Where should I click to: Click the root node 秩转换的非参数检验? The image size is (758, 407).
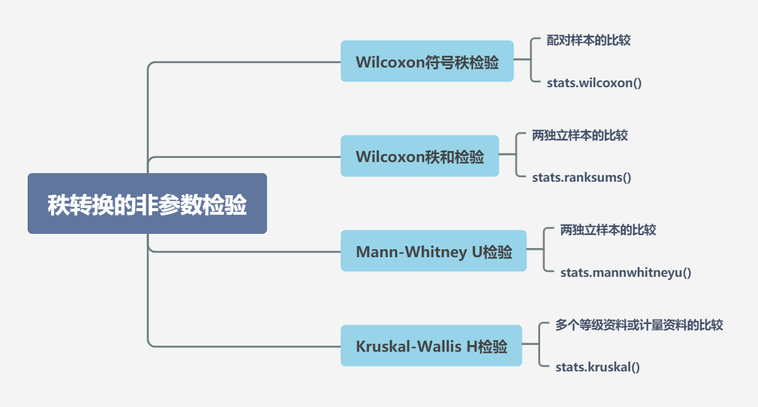click(x=147, y=204)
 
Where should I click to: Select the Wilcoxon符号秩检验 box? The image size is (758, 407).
click(x=427, y=61)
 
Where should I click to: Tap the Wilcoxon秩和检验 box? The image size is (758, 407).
click(x=420, y=157)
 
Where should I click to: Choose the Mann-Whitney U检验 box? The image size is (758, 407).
click(x=433, y=251)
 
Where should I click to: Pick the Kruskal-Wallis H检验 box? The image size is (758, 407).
click(x=431, y=346)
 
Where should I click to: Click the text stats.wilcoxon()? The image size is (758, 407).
click(x=594, y=83)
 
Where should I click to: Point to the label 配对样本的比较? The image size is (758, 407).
click(x=589, y=41)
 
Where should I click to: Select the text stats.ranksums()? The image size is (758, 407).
click(x=582, y=178)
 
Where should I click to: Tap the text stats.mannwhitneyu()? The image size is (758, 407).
click(x=625, y=273)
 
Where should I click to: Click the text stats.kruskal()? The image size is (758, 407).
click(x=597, y=368)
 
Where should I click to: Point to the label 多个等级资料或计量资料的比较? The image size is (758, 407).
click(x=639, y=325)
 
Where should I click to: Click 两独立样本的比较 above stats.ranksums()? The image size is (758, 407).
click(x=580, y=136)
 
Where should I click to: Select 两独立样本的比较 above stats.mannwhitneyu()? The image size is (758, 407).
click(x=608, y=230)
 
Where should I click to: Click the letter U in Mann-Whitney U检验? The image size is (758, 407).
click(x=476, y=252)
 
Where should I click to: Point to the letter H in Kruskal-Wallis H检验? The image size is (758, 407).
click(x=471, y=347)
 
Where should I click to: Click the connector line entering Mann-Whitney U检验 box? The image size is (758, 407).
click(x=246, y=252)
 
